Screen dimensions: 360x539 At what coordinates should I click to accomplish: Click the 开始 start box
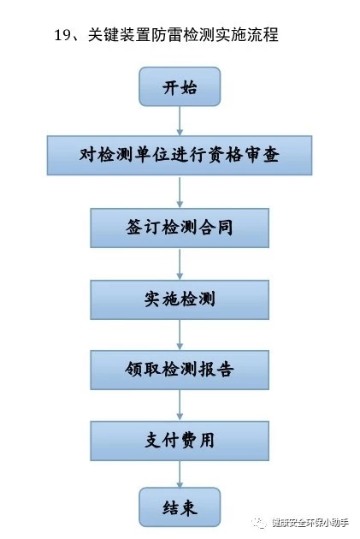(x=180, y=86)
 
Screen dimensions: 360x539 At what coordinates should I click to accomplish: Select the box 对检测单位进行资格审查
(x=180, y=155)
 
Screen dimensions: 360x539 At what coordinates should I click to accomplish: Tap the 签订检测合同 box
(x=180, y=228)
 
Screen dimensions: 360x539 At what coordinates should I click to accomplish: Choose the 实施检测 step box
(x=180, y=299)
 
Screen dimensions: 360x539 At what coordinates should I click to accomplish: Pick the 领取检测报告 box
(x=180, y=370)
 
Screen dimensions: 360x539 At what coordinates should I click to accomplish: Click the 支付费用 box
(x=180, y=441)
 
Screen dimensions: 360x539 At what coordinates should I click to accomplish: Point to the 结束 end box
(x=180, y=507)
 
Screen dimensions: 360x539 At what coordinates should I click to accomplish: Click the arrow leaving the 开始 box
(x=180, y=121)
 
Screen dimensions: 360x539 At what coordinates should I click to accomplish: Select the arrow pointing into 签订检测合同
(x=180, y=192)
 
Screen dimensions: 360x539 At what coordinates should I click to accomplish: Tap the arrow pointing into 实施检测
(x=180, y=264)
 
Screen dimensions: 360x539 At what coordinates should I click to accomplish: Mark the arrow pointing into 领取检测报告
(x=180, y=335)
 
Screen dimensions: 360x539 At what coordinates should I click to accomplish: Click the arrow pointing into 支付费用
(x=180, y=406)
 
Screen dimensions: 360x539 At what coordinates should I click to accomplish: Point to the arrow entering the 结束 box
(x=180, y=474)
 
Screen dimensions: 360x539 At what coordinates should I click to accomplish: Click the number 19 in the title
(x=62, y=35)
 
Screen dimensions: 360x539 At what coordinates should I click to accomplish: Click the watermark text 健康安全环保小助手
(x=310, y=523)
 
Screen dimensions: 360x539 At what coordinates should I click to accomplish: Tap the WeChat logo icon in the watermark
(x=259, y=523)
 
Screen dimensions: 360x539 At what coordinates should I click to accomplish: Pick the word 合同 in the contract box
(x=215, y=228)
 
